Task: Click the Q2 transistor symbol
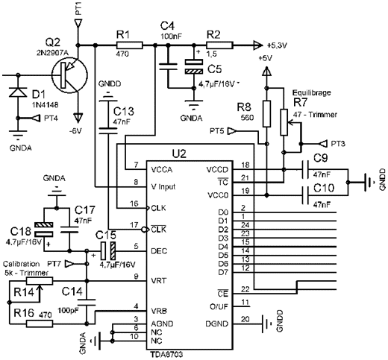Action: (70, 75)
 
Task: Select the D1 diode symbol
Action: (18, 92)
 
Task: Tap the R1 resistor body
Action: (130, 45)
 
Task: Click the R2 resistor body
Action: (219, 45)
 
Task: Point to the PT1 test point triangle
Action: (78, 23)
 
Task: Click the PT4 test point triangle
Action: (37, 119)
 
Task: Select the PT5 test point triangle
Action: (232, 130)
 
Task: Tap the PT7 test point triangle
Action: (70, 264)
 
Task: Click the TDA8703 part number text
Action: (166, 354)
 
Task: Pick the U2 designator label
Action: (179, 154)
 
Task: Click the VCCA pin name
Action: (162, 170)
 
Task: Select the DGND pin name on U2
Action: (217, 324)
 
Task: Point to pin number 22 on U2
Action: (245, 289)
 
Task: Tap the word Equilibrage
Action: (311, 93)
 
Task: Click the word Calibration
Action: (22, 264)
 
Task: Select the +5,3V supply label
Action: (277, 45)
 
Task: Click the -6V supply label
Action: (75, 130)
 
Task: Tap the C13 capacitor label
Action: (124, 112)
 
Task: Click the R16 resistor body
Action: (40, 323)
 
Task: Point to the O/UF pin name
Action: (219, 307)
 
